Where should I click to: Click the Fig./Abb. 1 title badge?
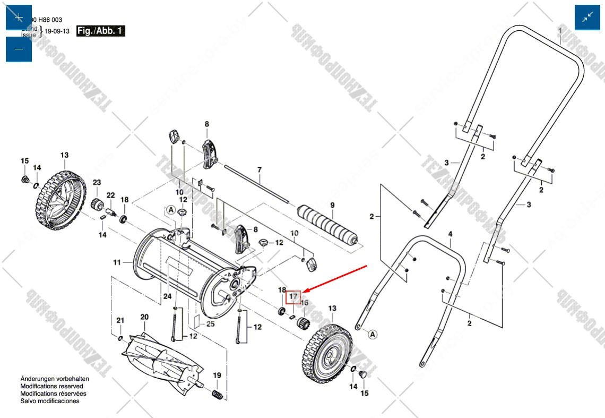click(101, 31)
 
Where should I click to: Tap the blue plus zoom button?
click(19, 18)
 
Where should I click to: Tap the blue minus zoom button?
click(19, 49)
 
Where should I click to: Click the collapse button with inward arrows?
click(587, 18)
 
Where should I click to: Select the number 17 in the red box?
click(293, 297)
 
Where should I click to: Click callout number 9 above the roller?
click(332, 206)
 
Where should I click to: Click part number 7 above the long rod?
click(260, 170)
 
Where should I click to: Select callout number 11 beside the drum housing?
click(117, 262)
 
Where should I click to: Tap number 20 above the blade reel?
click(144, 317)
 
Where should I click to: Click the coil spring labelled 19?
click(217, 395)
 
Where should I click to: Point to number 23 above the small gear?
click(97, 183)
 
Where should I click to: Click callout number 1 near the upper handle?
click(559, 30)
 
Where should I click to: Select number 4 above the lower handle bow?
click(450, 234)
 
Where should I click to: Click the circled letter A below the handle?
click(373, 334)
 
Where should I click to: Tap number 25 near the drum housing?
click(210, 324)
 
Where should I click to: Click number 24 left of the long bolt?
click(167, 296)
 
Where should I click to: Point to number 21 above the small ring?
click(120, 320)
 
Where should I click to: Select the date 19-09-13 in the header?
click(57, 31)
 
